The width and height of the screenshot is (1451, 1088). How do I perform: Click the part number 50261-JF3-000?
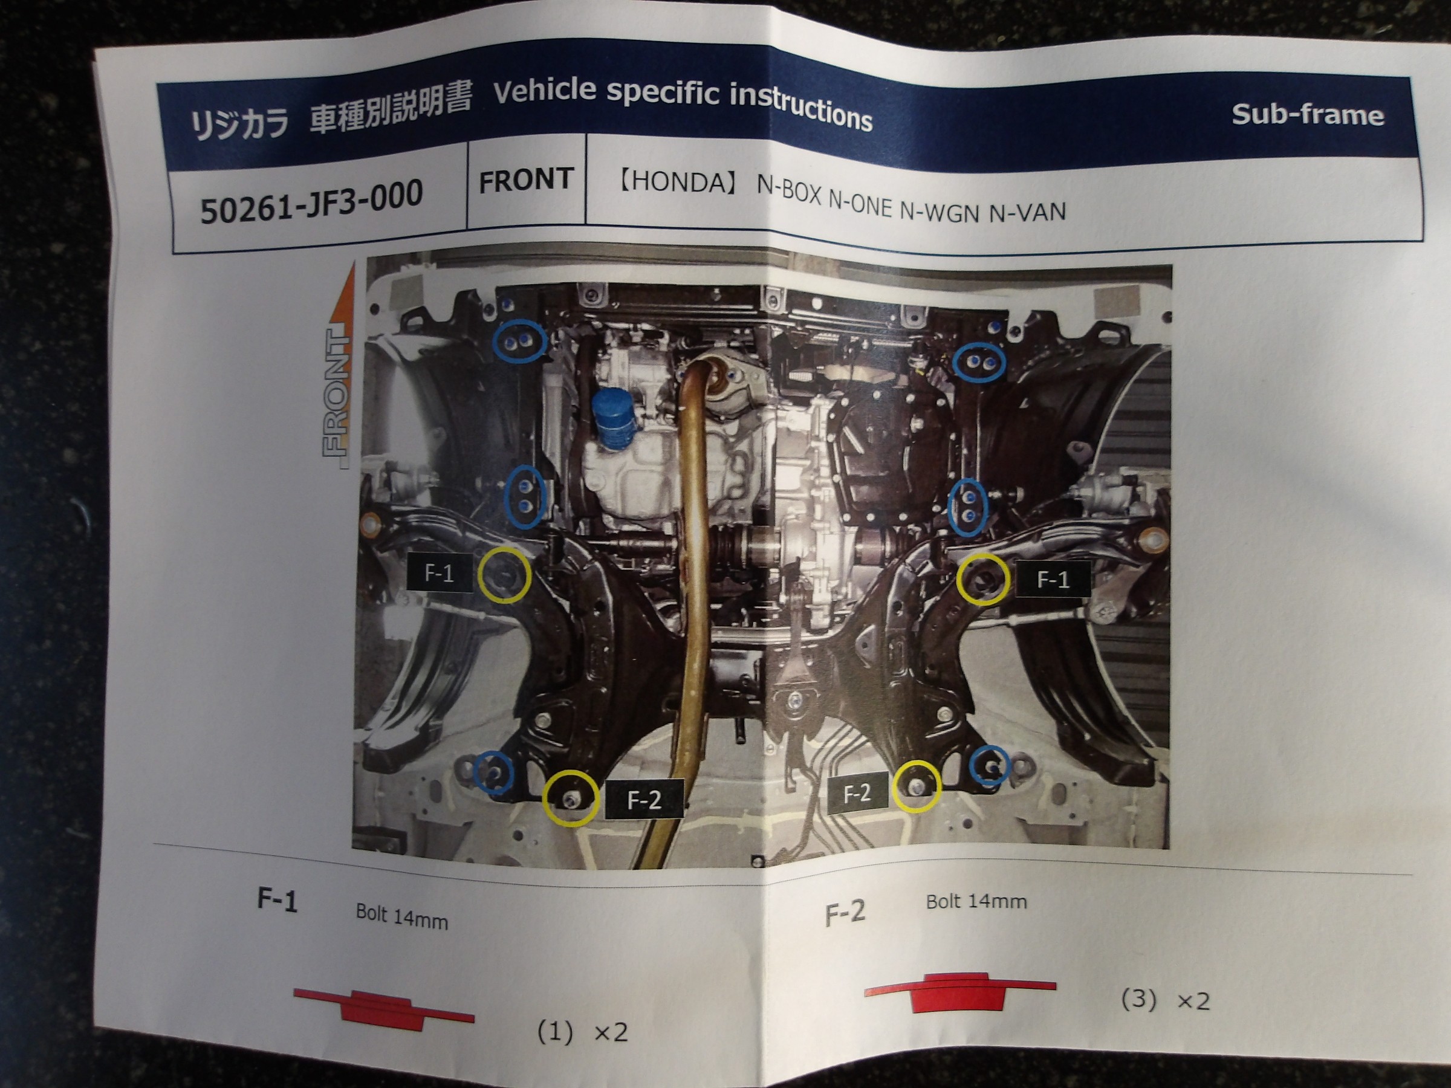coord(311,201)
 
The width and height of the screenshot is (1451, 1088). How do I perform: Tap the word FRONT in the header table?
coord(526,180)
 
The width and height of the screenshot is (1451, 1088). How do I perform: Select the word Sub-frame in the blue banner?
coord(1307,115)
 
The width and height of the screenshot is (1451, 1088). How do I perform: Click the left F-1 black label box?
coord(440,573)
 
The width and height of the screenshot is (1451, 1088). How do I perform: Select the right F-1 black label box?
coord(1053,578)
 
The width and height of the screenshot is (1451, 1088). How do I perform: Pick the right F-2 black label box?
coord(857,794)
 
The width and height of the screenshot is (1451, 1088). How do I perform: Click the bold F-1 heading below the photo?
coord(277,901)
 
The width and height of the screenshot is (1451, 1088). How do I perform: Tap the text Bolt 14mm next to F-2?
coord(976,902)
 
